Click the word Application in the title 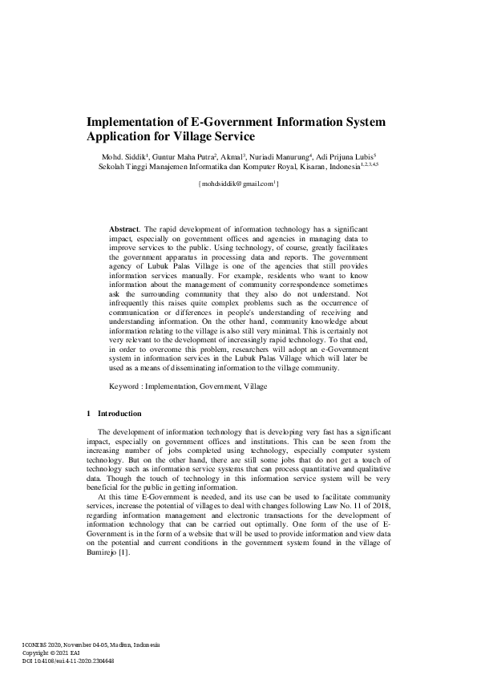(x=121, y=137)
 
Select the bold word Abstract (x=123, y=229)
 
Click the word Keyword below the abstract (x=125, y=386)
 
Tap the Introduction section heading (x=119, y=414)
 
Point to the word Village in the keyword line (x=254, y=386)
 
